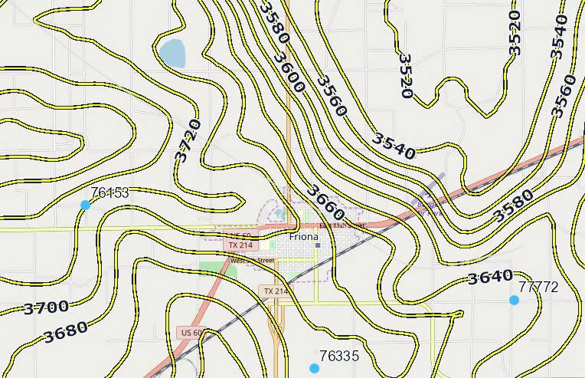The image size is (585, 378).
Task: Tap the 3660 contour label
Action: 325,202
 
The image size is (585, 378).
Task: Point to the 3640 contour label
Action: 490,277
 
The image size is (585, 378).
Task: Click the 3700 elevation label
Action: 46,308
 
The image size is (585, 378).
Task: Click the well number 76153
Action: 109,192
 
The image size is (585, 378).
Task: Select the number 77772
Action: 539,288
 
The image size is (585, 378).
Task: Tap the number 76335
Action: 339,356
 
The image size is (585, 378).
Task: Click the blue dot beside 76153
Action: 85,205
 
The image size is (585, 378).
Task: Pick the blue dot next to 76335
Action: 314,368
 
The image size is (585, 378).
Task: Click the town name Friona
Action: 305,238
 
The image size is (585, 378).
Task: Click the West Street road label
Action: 252,261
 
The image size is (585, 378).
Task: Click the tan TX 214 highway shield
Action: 276,291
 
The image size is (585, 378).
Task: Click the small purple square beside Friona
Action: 318,245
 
